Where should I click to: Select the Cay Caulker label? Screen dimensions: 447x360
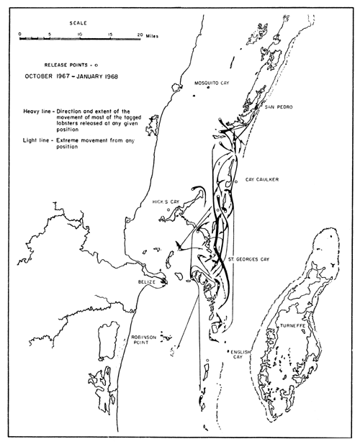[260, 179]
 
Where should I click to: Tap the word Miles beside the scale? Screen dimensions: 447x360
[153, 34]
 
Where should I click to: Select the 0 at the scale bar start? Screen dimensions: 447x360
[20, 34]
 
